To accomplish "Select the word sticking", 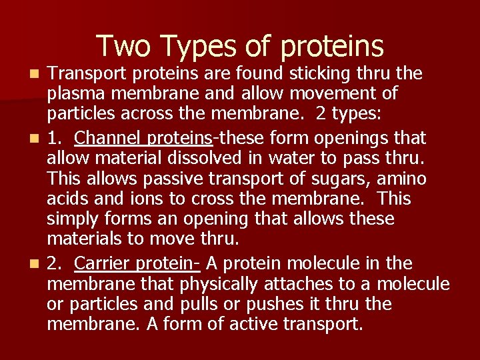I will [280, 73].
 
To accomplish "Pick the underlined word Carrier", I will [101, 263].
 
